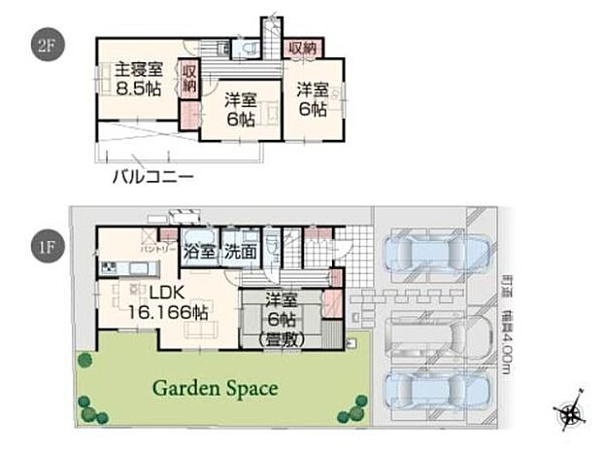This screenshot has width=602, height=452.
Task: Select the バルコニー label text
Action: tap(152, 177)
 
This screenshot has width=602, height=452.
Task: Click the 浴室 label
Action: tap(201, 250)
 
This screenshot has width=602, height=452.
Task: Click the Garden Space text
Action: tap(214, 389)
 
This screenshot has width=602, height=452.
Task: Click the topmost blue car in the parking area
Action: tap(424, 254)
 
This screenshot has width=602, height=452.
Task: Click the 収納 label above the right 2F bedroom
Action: tap(301, 47)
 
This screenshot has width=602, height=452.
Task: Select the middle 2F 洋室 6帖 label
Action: tap(240, 110)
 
